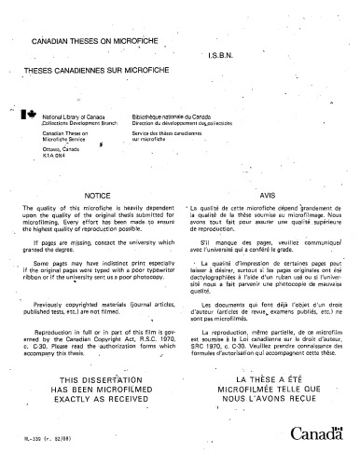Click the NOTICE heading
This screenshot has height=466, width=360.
pos(98,196)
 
